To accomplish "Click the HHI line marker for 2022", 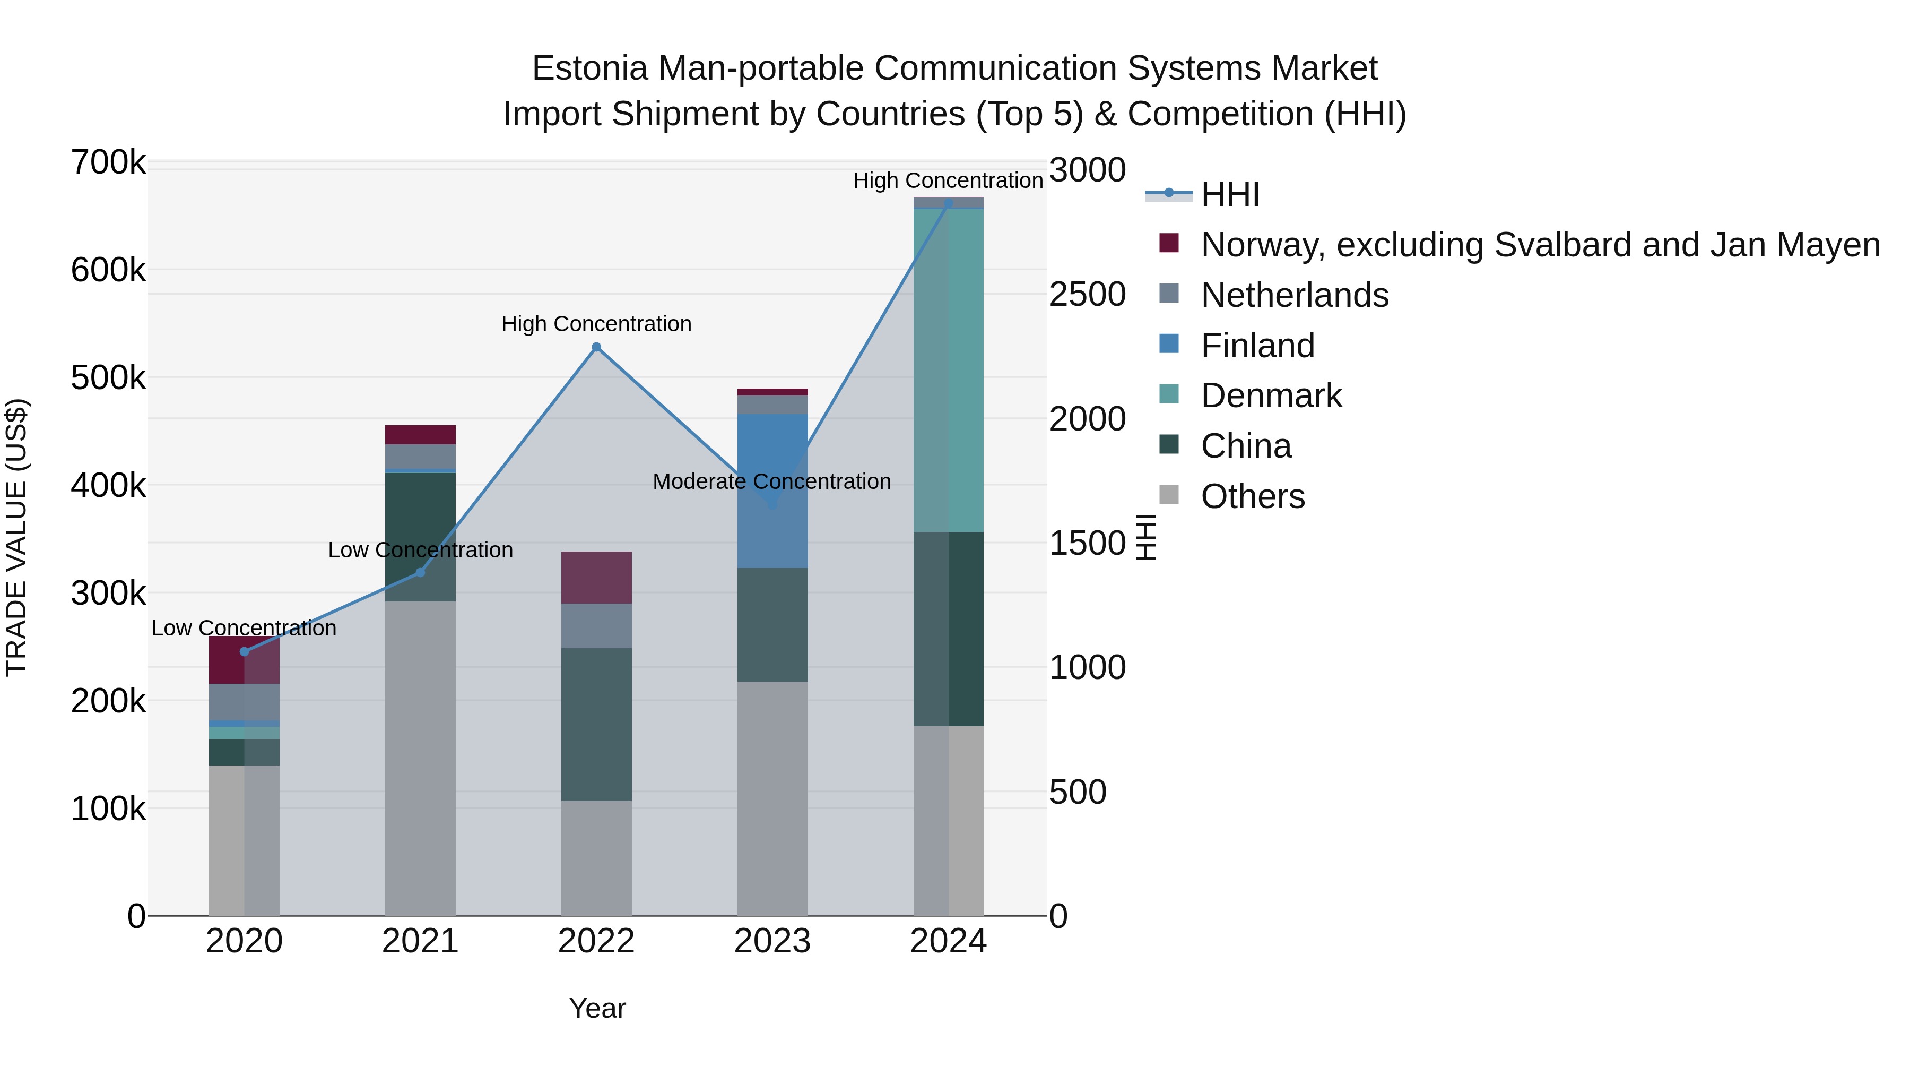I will pyautogui.click(x=596, y=347).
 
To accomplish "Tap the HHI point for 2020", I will pyautogui.click(x=245, y=651).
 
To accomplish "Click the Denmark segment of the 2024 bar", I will pyautogui.click(x=948, y=371).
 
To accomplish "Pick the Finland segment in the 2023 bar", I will pyautogui.click(x=772, y=489).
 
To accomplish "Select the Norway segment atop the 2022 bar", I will pyautogui.click(x=596, y=577).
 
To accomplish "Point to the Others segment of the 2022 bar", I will pyautogui.click(x=596, y=857).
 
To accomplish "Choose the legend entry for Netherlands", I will pyautogui.click(x=1294, y=295).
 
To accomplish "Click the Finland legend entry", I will pyautogui.click(x=1257, y=346).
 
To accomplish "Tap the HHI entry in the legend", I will pyautogui.click(x=1229, y=194).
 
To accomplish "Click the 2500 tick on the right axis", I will pyautogui.click(x=1087, y=295).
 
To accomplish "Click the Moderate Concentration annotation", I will pyautogui.click(x=772, y=481).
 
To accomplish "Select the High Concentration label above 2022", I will pyautogui.click(x=596, y=324).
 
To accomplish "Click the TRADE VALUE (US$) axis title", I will pyautogui.click(x=16, y=537).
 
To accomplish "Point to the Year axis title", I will pyautogui.click(x=597, y=1008).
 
